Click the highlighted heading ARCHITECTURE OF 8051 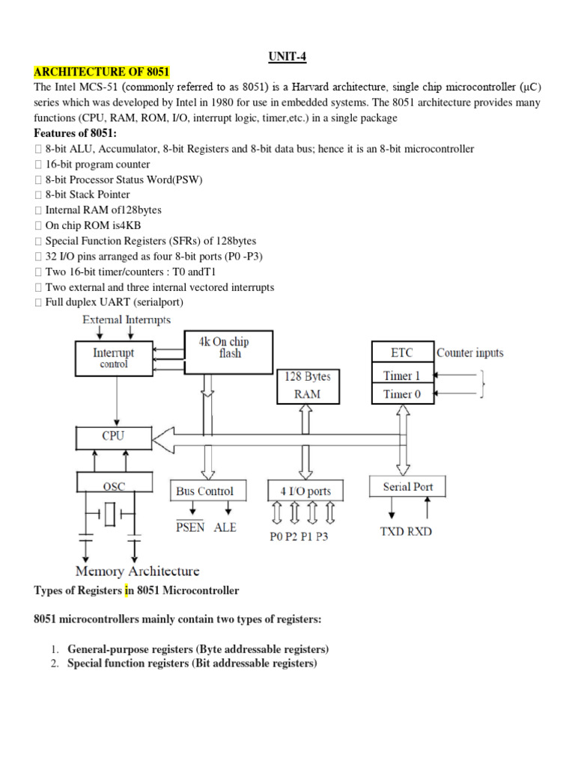[101, 72]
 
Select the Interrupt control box [114, 358]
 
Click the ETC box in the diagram [402, 352]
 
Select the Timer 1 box [402, 376]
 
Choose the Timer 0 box [402, 393]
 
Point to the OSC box [114, 485]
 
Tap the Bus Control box [204, 491]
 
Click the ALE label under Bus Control [225, 527]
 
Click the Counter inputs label [470, 352]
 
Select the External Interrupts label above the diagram [126, 319]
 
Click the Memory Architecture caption [138, 572]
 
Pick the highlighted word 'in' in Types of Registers [128, 590]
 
